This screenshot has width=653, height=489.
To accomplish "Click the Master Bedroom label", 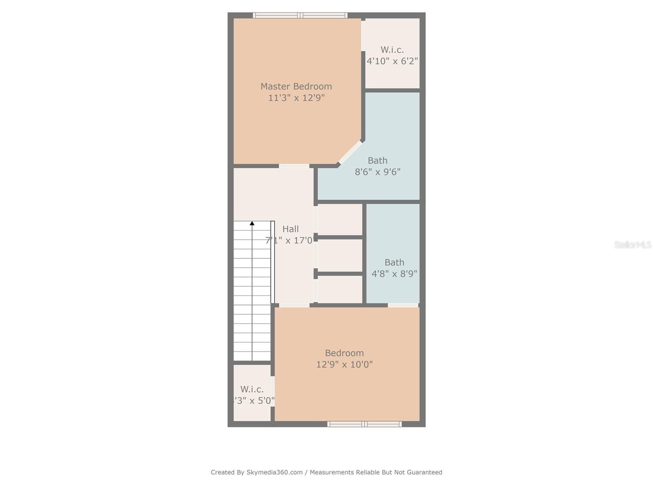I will point(296,86).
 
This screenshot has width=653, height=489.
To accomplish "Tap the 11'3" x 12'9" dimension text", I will point(296,98).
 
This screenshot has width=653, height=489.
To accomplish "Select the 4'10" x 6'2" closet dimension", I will point(392,61).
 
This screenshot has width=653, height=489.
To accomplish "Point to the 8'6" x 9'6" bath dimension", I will point(378,172).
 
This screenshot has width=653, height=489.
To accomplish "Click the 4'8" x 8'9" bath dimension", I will point(394,274).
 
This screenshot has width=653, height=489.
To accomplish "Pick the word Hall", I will point(291,229).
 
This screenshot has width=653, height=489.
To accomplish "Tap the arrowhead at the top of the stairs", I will point(252,223).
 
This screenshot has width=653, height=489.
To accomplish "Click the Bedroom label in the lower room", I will point(344,353).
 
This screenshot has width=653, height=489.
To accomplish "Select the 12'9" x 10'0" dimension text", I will point(344,364).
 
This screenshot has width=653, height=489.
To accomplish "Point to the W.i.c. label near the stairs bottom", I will point(252,389).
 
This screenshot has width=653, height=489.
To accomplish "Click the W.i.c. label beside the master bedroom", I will point(392,50).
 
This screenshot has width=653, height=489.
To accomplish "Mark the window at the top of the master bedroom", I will point(300,15).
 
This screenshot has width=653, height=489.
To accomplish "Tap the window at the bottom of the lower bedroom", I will point(364,424).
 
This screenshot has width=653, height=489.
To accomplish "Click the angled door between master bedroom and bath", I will point(350,152).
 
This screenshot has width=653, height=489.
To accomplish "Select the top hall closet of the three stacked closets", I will point(340,220).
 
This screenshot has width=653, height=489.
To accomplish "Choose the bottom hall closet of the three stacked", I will point(340,289).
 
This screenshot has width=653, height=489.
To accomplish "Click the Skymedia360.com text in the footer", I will point(275,472).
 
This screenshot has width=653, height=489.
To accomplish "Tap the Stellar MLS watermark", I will point(633,245).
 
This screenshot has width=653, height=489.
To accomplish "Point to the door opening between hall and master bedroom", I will point(294,166).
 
